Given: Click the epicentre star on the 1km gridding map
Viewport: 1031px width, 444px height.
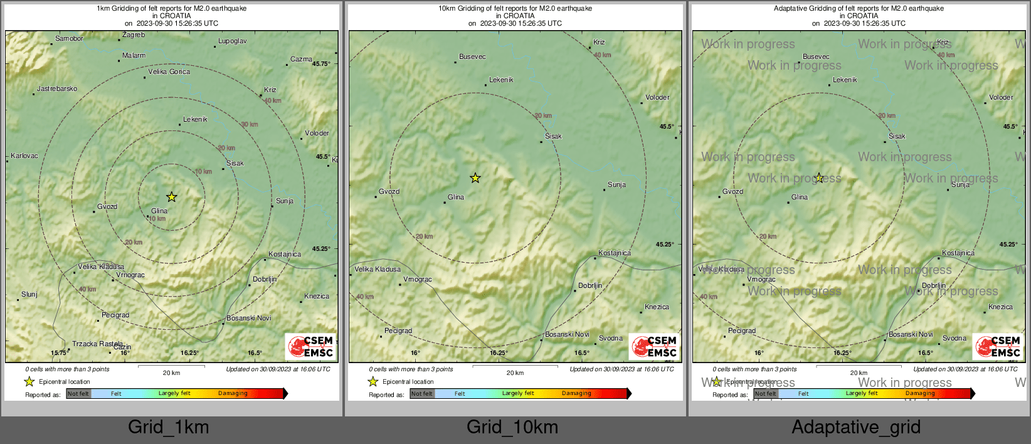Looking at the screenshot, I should [x=171, y=197].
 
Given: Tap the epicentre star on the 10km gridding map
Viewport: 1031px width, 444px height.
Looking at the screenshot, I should [x=475, y=178].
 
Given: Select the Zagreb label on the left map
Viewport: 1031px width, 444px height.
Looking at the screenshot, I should [x=134, y=35].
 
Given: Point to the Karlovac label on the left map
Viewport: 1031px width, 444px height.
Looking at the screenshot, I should [x=24, y=156].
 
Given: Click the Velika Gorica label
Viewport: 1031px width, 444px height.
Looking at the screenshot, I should [x=169, y=72].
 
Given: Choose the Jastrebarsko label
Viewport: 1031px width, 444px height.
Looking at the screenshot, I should [x=57, y=89].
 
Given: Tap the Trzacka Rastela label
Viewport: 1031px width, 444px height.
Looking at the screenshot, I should [x=97, y=344].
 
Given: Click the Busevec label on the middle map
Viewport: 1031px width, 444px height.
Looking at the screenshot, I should [x=472, y=57].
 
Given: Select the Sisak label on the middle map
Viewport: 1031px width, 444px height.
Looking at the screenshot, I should [x=553, y=137].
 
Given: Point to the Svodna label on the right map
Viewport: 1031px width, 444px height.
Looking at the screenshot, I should [x=954, y=339].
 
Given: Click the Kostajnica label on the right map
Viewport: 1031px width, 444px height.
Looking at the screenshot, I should [x=958, y=253].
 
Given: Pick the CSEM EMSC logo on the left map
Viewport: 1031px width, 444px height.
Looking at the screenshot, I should [x=310, y=347].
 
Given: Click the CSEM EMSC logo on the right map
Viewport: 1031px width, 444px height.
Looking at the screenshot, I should [x=998, y=347].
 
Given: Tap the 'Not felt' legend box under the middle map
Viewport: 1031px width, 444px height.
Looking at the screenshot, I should [x=422, y=394].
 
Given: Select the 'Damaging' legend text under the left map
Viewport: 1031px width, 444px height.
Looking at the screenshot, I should [x=233, y=394].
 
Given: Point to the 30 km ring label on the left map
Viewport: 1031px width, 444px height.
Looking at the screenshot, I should [x=250, y=125].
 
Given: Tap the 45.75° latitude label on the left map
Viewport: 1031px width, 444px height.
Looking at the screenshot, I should [x=321, y=64].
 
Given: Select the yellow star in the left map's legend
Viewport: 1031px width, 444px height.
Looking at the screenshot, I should [x=29, y=381].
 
